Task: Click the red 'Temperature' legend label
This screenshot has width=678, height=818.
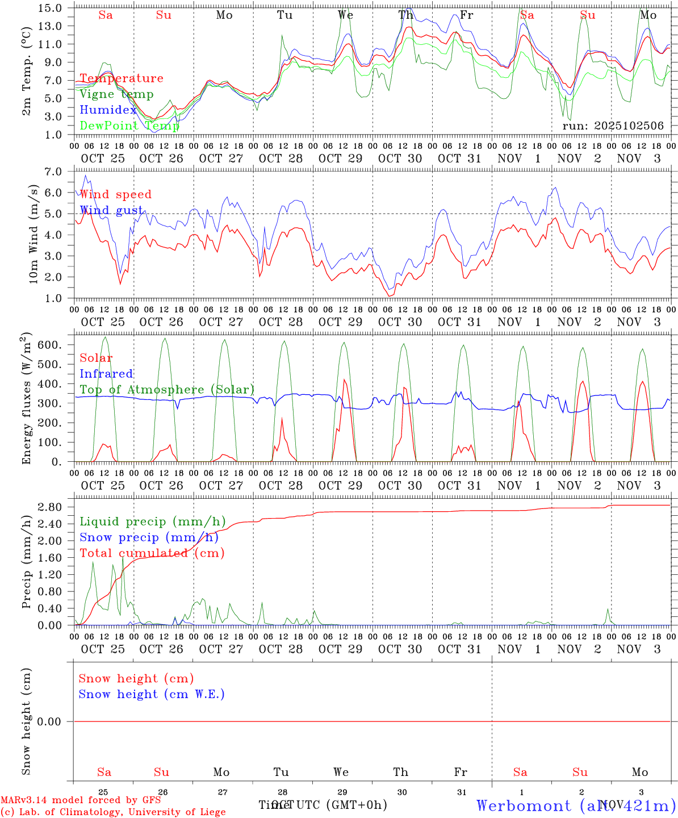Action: point(122,78)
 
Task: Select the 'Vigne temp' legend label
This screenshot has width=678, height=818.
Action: point(116,94)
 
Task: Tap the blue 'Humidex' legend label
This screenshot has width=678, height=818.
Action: point(108,110)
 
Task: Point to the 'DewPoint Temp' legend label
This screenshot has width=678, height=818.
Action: point(129,126)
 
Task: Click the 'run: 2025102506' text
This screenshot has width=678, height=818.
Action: point(613,126)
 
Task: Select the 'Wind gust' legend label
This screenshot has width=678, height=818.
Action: point(111,210)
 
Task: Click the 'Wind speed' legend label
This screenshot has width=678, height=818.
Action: point(116,194)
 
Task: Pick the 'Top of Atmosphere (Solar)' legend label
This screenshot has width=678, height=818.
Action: point(167,390)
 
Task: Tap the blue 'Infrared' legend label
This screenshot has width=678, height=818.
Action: point(106,374)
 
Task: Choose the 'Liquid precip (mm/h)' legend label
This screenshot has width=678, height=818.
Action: point(153,521)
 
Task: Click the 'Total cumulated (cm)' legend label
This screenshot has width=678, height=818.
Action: point(152,553)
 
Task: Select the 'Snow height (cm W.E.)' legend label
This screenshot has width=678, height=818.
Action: point(152,694)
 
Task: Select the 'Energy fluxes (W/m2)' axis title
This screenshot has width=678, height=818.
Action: point(26,400)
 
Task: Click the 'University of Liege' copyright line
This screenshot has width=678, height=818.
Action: point(113,812)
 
